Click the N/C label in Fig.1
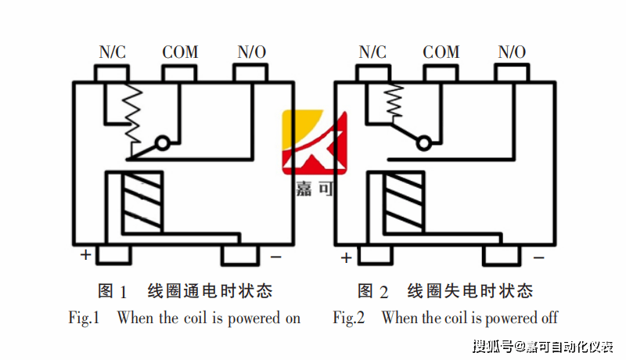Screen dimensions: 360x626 tap(112, 52)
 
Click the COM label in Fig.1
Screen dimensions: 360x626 tap(180, 52)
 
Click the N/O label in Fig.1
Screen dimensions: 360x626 tap(251, 52)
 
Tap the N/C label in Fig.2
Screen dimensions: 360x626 tap(372, 52)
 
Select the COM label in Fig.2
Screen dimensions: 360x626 tap(441, 52)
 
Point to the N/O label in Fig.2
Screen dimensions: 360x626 tap(512, 52)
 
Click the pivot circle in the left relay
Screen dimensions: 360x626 tap(162, 143)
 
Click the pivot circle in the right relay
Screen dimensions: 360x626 tap(423, 143)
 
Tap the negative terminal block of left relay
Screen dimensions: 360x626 tap(240, 255)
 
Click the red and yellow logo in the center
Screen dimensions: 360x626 tap(313, 145)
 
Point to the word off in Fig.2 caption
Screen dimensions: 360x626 tap(549, 319)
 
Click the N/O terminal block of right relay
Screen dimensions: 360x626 tap(512, 73)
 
